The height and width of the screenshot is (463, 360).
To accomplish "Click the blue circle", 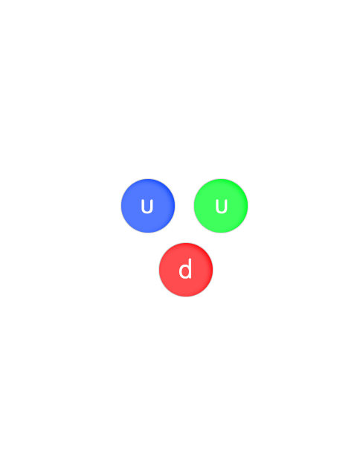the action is (148, 206).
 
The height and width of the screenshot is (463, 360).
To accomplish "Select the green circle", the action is (221, 206).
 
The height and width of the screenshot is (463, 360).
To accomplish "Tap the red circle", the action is (186, 270).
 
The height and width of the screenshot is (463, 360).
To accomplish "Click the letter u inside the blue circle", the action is (147, 207).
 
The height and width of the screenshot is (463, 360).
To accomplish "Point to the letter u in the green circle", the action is (221, 207).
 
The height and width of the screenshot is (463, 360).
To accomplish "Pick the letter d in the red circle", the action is (185, 268).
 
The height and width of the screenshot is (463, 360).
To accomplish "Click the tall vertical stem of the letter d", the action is (190, 268).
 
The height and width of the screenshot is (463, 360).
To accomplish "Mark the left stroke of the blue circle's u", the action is (143, 206).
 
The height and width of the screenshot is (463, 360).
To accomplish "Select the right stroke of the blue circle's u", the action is (151, 206).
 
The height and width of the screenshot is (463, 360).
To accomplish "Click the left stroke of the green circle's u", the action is (217, 206).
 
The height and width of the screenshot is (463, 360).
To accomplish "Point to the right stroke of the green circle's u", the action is (225, 206).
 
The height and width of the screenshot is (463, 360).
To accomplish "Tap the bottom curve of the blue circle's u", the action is (147, 213).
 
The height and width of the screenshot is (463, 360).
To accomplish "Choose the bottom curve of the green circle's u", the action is (221, 213).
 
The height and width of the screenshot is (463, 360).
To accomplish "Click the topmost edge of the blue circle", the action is (148, 179).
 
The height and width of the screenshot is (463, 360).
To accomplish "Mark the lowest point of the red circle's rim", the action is (186, 297).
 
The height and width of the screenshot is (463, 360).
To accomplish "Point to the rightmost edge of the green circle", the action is (248, 206).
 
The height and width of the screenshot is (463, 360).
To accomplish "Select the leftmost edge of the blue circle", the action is (121, 206).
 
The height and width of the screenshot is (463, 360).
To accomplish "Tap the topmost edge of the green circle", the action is (221, 179).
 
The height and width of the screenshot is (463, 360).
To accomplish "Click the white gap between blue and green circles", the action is (184, 206).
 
